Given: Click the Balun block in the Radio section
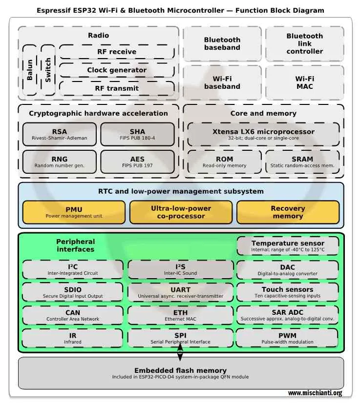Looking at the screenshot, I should click(30, 70).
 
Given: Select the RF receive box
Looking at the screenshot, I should click(116, 52).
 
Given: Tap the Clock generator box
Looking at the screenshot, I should click(116, 70).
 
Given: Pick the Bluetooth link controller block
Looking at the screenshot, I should click(304, 43).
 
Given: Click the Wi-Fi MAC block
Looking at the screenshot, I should click(304, 82).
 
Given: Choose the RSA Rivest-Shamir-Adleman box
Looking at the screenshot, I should click(60, 134).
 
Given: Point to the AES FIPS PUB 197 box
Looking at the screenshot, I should click(137, 162).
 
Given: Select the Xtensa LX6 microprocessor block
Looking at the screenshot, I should click(263, 134).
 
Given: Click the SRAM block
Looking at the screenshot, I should click(302, 162).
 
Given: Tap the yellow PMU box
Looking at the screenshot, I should click(74, 212).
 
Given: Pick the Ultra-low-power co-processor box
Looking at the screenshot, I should click(181, 212).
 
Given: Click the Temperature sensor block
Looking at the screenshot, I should click(288, 245).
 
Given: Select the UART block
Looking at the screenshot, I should click(180, 292).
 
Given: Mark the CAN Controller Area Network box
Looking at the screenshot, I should click(72, 315).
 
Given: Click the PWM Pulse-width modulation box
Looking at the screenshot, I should click(287, 338).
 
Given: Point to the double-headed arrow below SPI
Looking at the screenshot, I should click(180, 352).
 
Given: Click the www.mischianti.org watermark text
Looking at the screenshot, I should click(315, 393).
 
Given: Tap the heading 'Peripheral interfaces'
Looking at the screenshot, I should click(75, 245).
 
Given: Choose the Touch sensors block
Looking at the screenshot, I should click(287, 292).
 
